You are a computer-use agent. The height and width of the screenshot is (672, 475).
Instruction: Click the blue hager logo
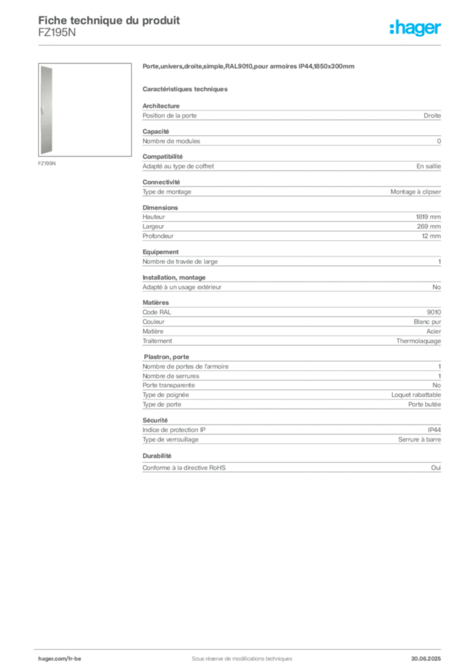[x=417, y=29]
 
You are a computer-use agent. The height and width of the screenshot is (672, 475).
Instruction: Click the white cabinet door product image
[x=48, y=110]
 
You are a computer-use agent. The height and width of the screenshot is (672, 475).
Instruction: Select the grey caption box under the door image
[x=47, y=163]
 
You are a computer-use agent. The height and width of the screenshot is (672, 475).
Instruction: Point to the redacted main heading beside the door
[x=249, y=68]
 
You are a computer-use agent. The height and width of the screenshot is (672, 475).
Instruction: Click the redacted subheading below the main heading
[x=186, y=89]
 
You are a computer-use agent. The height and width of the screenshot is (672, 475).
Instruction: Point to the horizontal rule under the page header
[x=241, y=45]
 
